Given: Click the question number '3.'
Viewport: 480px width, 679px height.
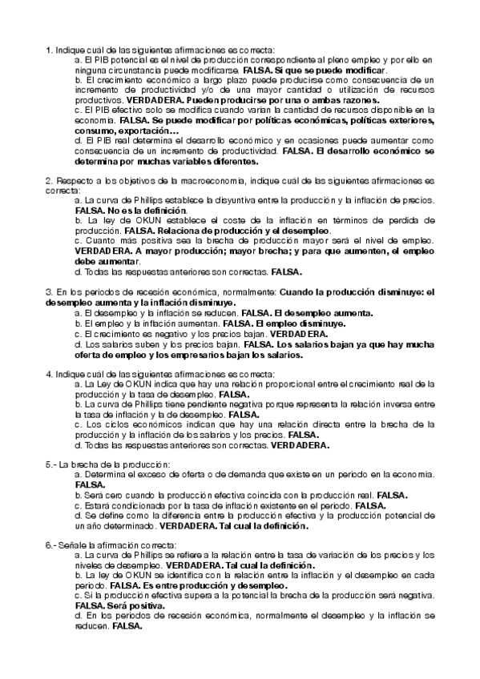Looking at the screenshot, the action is tap(49, 293).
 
